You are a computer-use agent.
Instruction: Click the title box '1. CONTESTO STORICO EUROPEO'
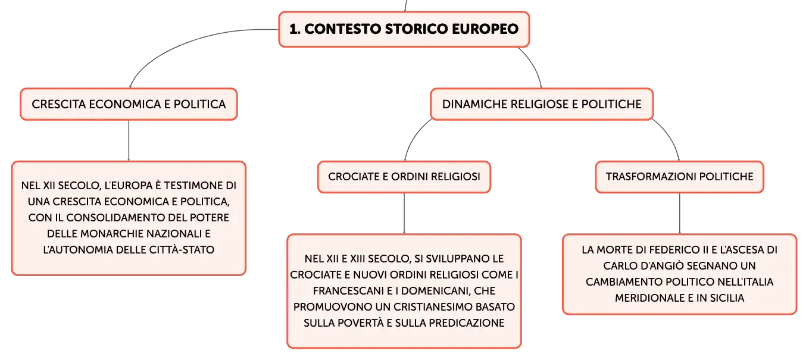[x=404, y=29]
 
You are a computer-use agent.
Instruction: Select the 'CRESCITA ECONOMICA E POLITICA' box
[x=129, y=104]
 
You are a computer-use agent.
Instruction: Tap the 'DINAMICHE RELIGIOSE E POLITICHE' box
[x=542, y=104]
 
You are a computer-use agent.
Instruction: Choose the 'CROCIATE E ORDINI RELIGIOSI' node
[x=404, y=177]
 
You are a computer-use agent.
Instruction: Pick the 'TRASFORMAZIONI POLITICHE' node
[x=679, y=177]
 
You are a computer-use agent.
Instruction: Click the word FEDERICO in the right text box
[x=667, y=250]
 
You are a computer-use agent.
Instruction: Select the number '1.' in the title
[x=295, y=29]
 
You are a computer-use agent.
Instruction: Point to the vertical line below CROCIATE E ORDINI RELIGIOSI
[x=404, y=214]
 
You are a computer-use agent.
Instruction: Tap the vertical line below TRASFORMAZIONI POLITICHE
[x=679, y=214]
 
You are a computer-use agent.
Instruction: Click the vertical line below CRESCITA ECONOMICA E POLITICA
[x=129, y=140]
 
